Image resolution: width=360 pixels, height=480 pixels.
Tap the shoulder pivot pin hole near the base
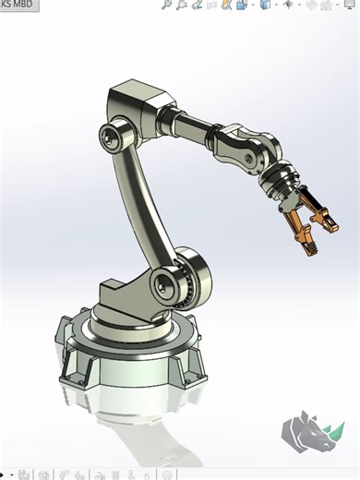click(167, 281)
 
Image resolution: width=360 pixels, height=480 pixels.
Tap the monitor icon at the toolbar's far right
click(348, 5)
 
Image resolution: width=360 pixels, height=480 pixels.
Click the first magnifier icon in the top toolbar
click(166, 5)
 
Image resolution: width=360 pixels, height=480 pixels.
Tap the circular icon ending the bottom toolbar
click(168, 475)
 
